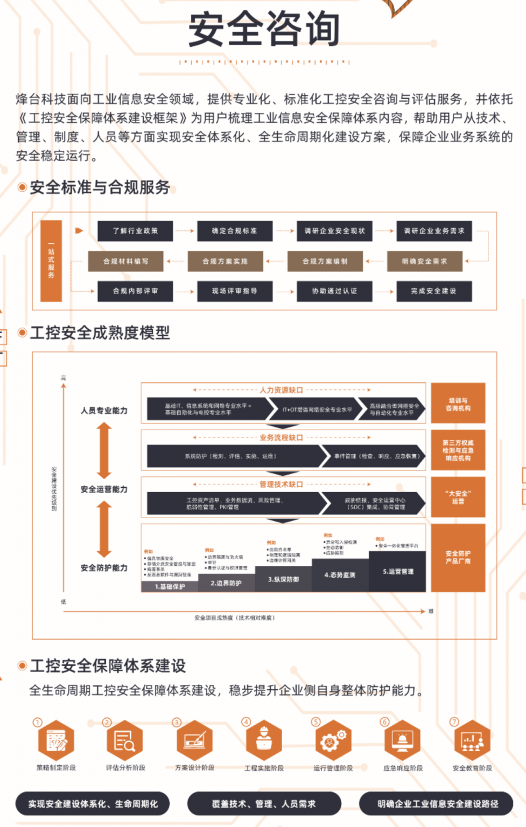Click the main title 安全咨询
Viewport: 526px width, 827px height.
(264, 30)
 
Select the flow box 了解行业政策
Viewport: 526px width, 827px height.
(135, 231)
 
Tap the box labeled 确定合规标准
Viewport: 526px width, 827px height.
(234, 231)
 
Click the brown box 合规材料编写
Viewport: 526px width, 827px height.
(126, 261)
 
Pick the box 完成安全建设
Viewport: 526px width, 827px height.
(433, 291)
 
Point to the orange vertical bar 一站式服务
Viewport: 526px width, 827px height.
(51, 261)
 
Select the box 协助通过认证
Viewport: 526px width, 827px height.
(334, 291)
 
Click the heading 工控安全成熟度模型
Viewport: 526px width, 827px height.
(100, 333)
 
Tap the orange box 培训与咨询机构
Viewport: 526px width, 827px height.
(458, 403)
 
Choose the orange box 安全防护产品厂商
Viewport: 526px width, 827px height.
(458, 558)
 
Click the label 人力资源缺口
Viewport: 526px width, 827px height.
(281, 390)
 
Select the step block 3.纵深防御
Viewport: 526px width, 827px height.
(283, 579)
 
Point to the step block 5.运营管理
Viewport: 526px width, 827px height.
(398, 572)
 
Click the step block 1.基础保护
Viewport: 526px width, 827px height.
(170, 586)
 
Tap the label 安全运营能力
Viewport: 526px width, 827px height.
(104, 489)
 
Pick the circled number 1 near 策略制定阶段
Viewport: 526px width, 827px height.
(38, 722)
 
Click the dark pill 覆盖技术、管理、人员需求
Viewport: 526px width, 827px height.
(264, 804)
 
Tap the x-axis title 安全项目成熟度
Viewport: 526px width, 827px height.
(235, 618)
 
